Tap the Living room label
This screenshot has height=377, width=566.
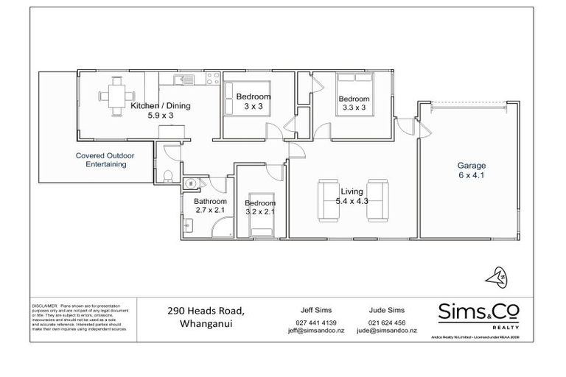tap(352, 191)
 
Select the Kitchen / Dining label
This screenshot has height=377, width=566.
tap(160, 106)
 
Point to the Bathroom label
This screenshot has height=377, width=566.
tap(209, 201)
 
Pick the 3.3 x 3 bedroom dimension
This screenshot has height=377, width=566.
tap(354, 108)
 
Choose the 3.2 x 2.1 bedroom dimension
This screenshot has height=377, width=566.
tap(259, 211)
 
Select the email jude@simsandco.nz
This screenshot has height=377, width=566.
tap(386, 331)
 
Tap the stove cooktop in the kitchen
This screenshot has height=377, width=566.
tap(210, 78)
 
